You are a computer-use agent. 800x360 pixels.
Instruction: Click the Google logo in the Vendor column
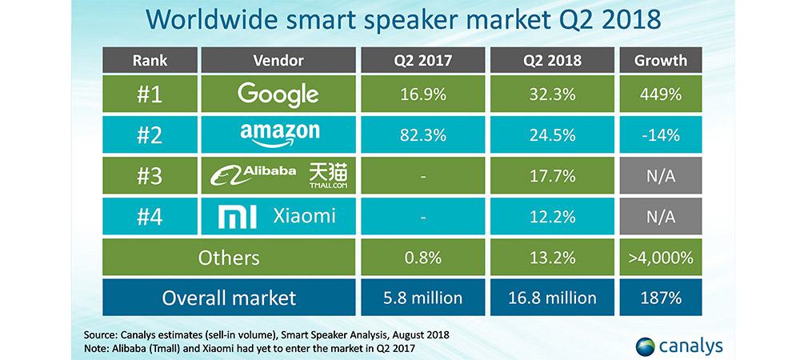tap(278, 94)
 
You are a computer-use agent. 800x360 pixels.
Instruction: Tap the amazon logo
tap(279, 134)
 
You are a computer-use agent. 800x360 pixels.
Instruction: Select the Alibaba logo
tap(253, 175)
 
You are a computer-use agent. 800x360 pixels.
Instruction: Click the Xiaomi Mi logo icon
tap(238, 217)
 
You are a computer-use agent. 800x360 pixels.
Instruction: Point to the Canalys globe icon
tap(646, 346)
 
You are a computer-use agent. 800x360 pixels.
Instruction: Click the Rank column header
tap(150, 60)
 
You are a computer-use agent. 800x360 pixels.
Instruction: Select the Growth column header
tap(660, 60)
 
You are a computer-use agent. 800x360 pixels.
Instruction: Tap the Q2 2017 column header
tap(423, 60)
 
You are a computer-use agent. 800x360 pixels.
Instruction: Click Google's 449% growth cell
tap(660, 94)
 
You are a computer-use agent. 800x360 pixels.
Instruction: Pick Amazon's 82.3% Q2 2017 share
tap(423, 135)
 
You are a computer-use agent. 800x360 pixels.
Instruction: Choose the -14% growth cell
tap(660, 135)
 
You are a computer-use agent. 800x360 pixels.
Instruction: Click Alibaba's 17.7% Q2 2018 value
tap(552, 176)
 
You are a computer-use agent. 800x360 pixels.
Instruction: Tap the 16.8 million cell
tap(552, 298)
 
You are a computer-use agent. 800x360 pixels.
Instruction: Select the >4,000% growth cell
tap(660, 257)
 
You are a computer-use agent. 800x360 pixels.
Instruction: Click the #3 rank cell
tap(150, 176)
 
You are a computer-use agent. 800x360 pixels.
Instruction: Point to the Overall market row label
tap(229, 298)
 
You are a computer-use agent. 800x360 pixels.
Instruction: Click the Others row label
tap(229, 258)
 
